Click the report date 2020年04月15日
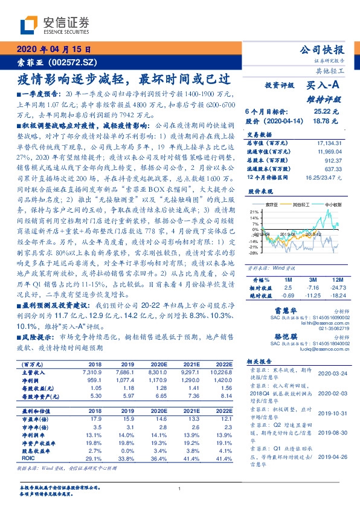50,50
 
